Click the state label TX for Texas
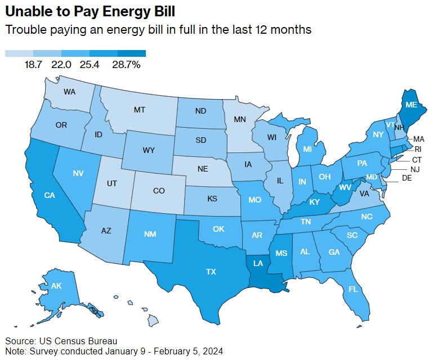click(211, 271)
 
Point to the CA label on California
click(49, 195)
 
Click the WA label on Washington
click(70, 91)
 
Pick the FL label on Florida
click(353, 289)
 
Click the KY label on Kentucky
click(314, 202)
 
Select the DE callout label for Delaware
click(407, 178)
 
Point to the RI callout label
click(417, 149)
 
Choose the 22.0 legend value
click(61, 65)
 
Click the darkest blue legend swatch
click(132, 53)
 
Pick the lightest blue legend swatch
click(19, 53)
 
